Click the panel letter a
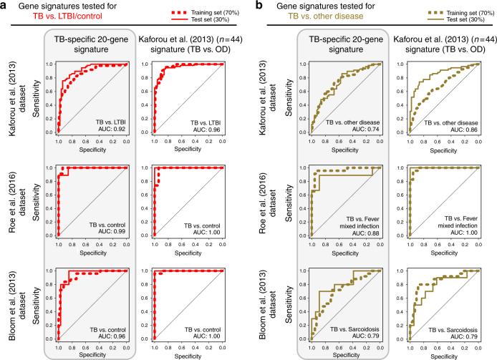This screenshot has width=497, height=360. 5,6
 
